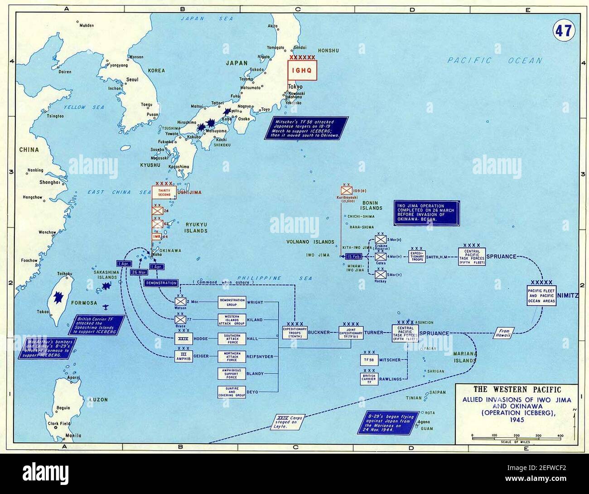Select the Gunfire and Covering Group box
pos(232,392)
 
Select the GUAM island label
pos(427,429)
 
